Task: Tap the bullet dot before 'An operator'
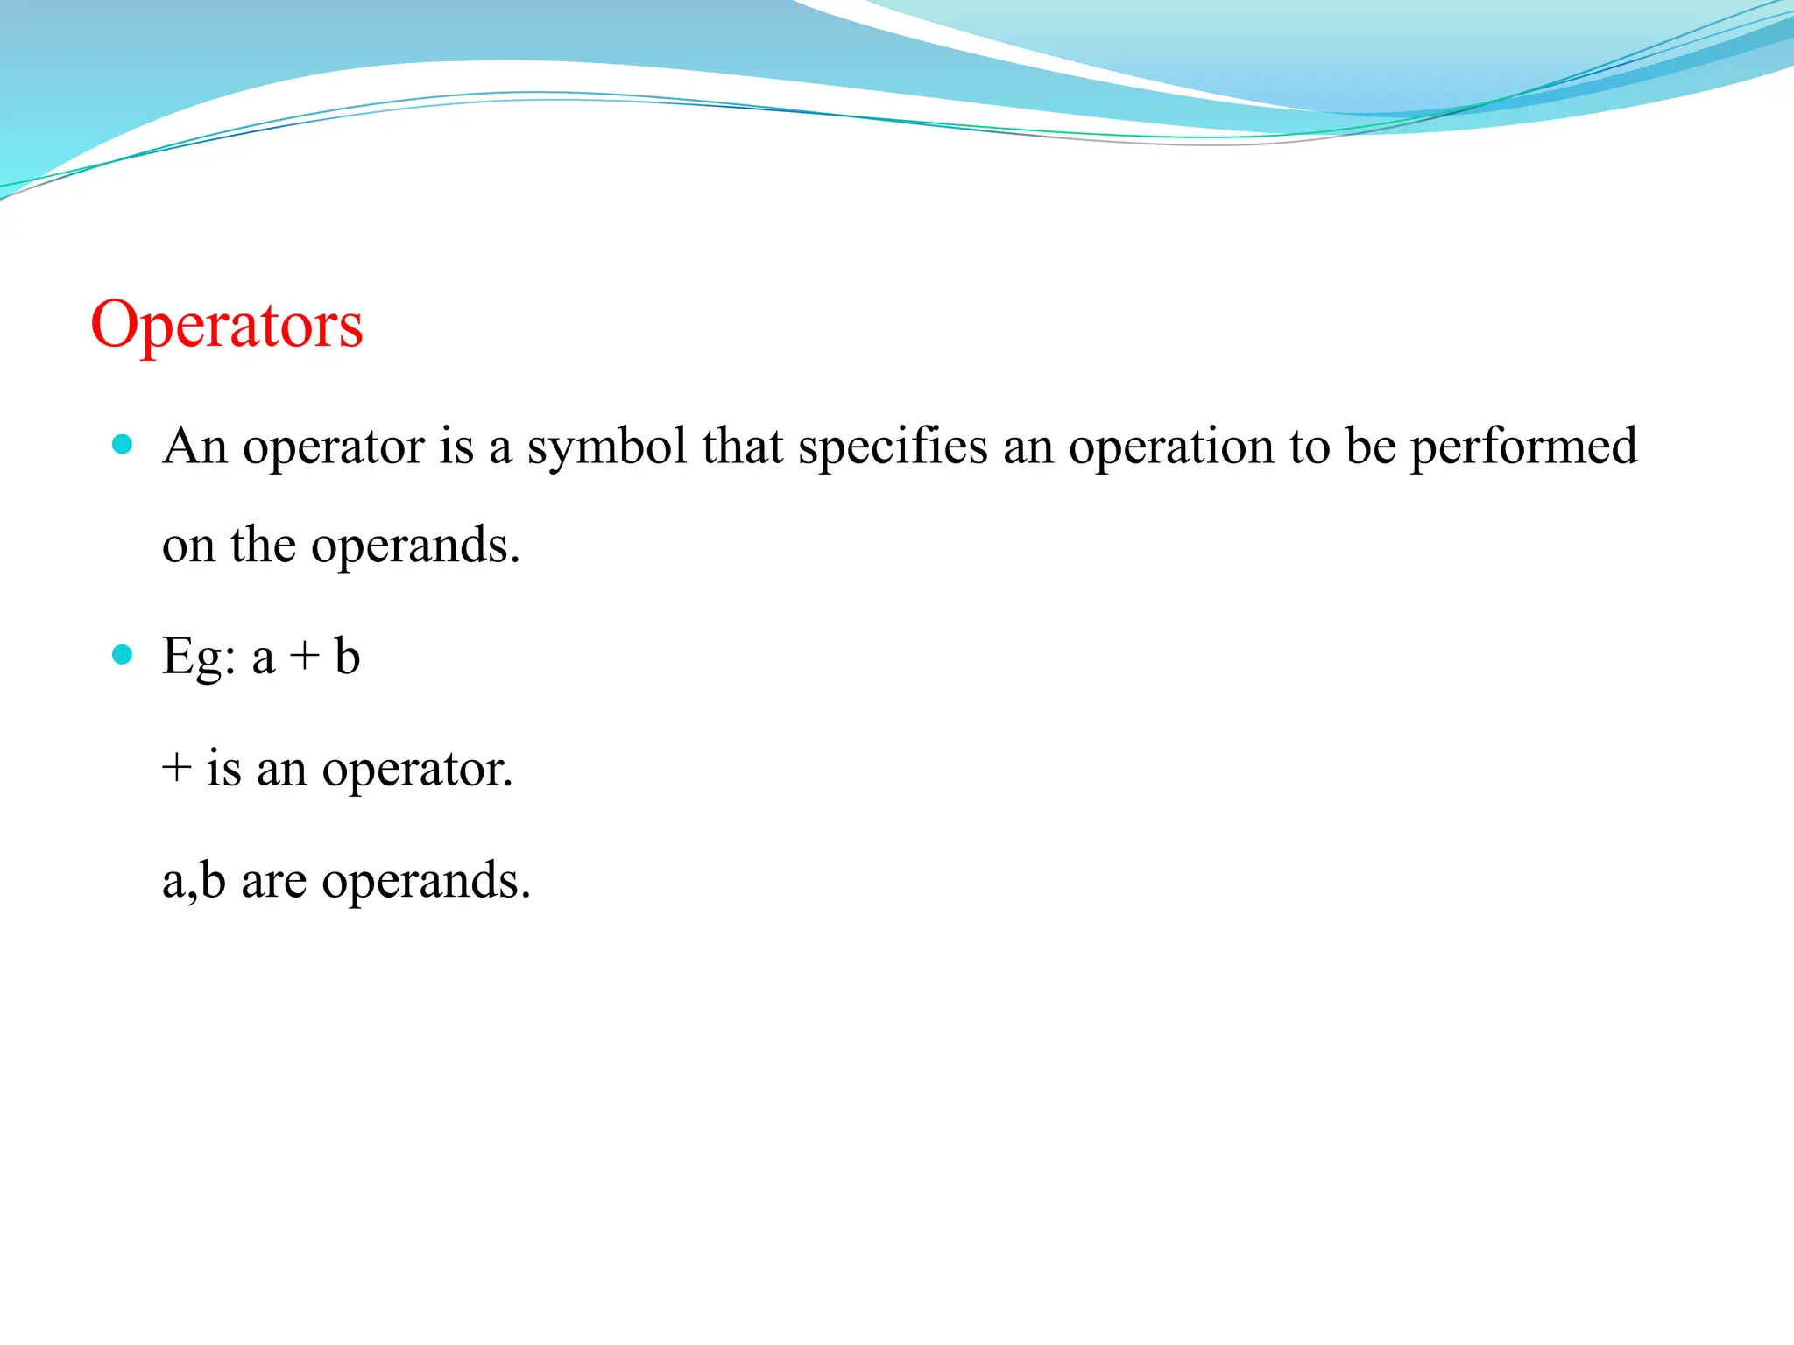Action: point(123,444)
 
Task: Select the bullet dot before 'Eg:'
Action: point(123,654)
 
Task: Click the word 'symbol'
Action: point(606,447)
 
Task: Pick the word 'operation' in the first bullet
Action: point(1170,447)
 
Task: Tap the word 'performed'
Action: point(1523,447)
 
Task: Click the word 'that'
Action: point(743,446)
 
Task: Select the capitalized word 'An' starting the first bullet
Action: point(194,446)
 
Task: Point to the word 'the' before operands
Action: point(263,546)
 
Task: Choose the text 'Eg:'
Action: point(199,658)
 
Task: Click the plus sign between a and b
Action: point(305,657)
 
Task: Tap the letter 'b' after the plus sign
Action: point(347,656)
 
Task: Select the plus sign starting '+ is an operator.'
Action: point(177,768)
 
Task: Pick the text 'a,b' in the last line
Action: point(194,881)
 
